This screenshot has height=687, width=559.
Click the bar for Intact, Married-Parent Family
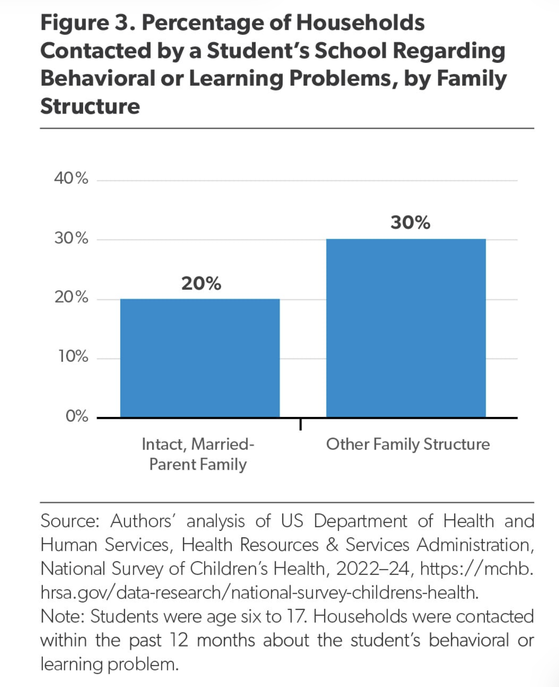tap(200, 358)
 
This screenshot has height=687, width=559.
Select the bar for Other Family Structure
tap(406, 328)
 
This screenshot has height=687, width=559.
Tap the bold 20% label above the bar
tap(201, 283)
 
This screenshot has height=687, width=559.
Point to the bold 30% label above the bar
tap(411, 223)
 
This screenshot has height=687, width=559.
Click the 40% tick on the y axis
tap(71, 178)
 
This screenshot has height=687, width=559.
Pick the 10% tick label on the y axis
tap(73, 356)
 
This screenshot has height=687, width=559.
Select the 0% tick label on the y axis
tap(77, 416)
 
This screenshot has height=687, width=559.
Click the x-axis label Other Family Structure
tap(408, 444)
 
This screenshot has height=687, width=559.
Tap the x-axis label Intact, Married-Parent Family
tap(198, 455)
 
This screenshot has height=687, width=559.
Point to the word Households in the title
tap(360, 23)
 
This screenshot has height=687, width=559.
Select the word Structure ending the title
tap(90, 106)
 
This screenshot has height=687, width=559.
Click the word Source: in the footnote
tap(70, 521)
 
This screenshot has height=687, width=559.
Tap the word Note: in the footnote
tap(63, 616)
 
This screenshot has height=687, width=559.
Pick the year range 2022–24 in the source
tap(373, 569)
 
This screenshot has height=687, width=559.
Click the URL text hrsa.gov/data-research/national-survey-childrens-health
tap(259, 592)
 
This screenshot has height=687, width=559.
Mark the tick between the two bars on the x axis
tap(301, 424)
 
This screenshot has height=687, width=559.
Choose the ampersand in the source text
tap(332, 545)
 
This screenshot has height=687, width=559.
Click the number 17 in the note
tap(296, 616)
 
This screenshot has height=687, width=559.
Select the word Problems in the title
tap(340, 79)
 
